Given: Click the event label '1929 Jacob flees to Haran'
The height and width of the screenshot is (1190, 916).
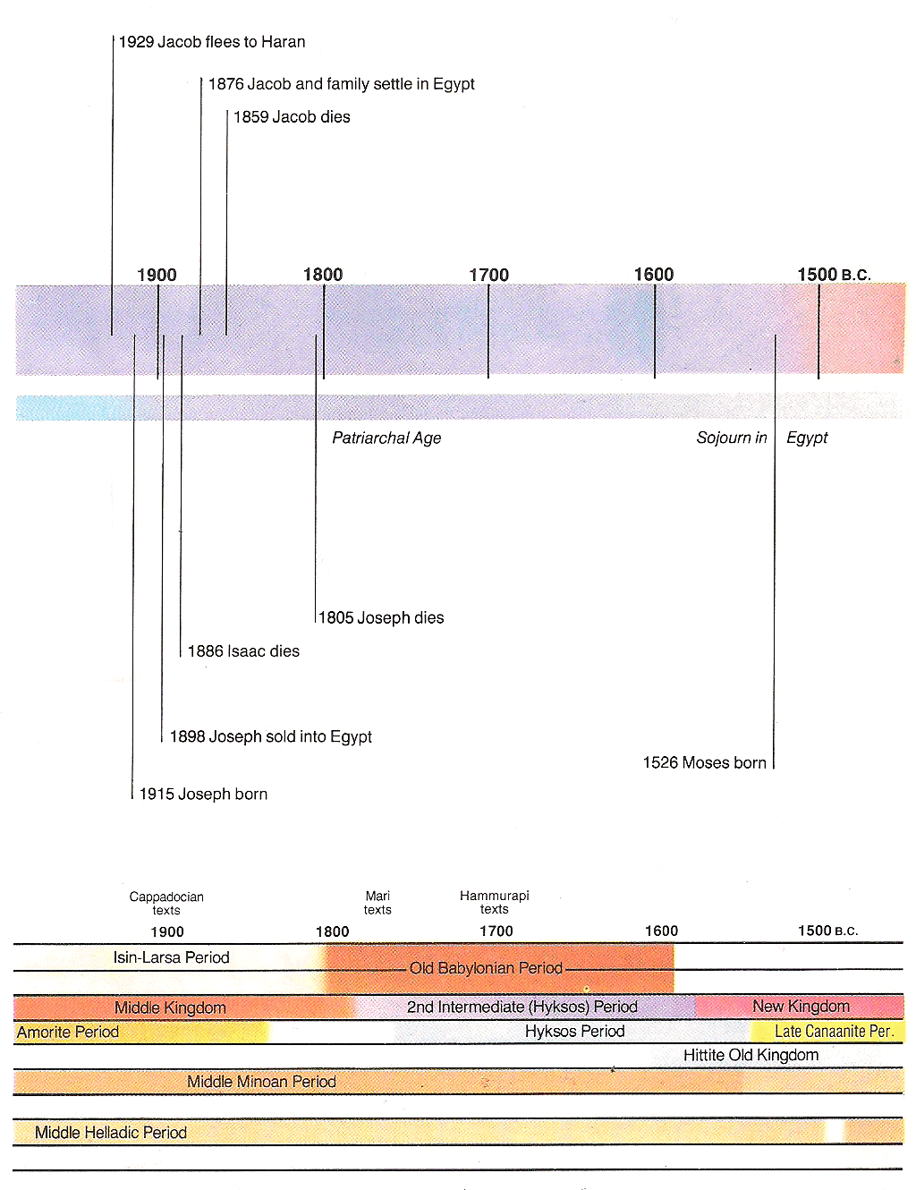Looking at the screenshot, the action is pos(212,42).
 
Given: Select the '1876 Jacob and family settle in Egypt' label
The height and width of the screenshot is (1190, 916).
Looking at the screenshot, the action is pos(342,84).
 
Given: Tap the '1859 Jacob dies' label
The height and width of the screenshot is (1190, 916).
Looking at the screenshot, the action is pos(292,117).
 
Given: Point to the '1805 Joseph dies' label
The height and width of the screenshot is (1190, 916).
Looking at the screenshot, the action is pos(381,617).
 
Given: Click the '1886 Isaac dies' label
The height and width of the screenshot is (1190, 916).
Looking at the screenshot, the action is pos(243,651).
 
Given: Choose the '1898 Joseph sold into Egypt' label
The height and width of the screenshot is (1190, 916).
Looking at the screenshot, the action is pos(270,736).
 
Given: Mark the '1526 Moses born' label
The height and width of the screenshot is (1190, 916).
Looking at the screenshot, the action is pos(705,763).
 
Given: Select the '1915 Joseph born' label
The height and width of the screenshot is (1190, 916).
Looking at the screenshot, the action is pos(203,794).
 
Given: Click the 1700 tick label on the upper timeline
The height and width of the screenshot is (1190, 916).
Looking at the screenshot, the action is pos(489,275).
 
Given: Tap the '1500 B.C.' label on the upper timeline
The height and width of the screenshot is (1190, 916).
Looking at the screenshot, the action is pos(834,275).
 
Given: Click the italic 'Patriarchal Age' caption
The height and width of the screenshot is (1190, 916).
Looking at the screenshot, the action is pos(386,438).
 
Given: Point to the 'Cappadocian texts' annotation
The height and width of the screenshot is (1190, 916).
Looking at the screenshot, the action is pos(166,903).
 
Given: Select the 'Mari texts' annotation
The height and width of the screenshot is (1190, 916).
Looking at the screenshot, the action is pos(377,903).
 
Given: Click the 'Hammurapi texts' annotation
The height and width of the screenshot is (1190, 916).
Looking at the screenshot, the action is pos(495,902).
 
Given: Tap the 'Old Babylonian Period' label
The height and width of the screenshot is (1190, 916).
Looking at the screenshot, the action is pos(487,968).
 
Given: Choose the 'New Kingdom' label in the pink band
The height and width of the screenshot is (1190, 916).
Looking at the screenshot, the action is pos(801,1006).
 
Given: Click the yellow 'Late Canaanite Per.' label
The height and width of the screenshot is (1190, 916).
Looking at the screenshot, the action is pos(835,1032).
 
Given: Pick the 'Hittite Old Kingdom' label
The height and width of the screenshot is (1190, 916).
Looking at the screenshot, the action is pos(751,1055).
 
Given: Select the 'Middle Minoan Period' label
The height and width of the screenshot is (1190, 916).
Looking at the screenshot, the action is pos(262,1082).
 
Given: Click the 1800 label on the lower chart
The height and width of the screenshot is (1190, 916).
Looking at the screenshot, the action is pos(333,931).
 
